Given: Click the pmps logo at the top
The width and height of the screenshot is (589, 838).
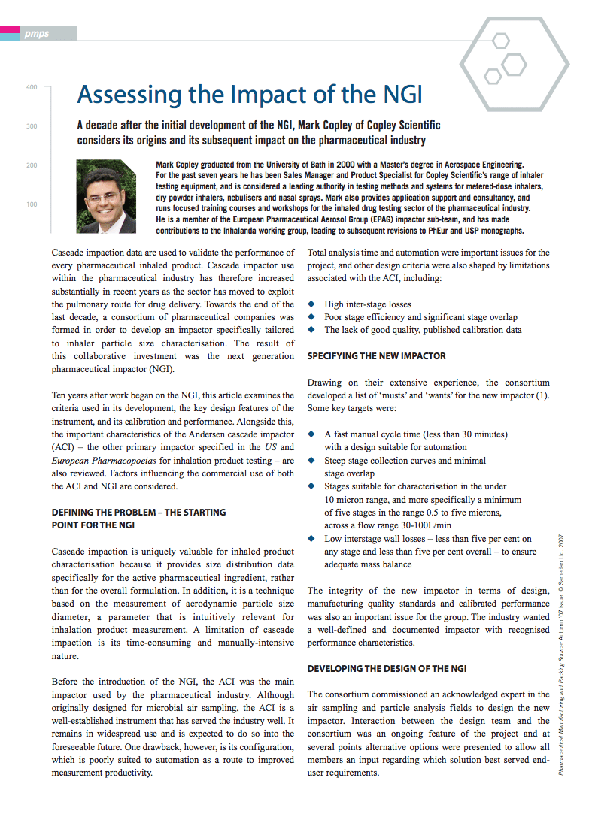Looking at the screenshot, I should (x=36, y=33).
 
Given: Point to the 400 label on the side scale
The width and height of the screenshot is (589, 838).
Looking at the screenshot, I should (x=32, y=88).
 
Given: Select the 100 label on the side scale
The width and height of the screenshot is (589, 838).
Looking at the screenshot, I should (x=32, y=204).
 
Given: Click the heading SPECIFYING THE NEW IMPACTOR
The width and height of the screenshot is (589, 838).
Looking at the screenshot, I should (x=376, y=355).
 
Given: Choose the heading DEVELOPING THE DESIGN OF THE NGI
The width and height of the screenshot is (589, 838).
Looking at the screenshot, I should (x=387, y=668).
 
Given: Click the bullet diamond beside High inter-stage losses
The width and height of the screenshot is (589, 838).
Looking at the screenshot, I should (x=312, y=304).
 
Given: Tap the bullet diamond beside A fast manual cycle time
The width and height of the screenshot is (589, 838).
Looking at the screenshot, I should (x=312, y=434).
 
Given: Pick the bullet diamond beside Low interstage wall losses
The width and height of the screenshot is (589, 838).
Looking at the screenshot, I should (x=312, y=538).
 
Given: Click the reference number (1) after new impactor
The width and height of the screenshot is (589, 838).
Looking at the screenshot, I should (x=542, y=395).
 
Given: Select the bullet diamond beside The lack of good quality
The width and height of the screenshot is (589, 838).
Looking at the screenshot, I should (x=312, y=330).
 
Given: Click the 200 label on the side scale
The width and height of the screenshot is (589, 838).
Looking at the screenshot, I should (x=32, y=165).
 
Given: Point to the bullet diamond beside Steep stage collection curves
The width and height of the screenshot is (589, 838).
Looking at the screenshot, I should (x=312, y=460).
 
